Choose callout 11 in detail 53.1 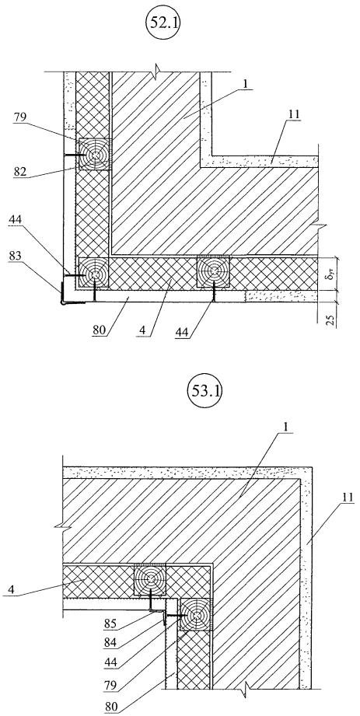(x=348, y=498)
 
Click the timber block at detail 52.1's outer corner (x=94, y=273)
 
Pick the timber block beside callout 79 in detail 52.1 (x=95, y=155)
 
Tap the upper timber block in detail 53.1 (x=149, y=580)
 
